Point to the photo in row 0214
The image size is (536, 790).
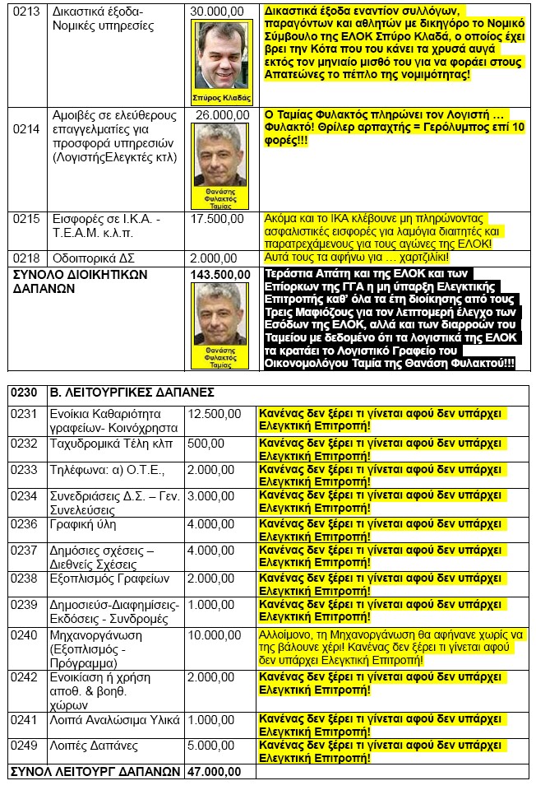click(219, 160)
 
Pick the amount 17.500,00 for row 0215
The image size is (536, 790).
click(217, 220)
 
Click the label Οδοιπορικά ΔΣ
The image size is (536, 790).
click(94, 258)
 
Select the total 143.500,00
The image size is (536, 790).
click(219, 274)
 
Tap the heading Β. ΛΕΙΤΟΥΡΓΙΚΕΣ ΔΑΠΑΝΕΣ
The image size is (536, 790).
click(133, 393)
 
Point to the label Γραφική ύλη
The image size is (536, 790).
click(85, 524)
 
